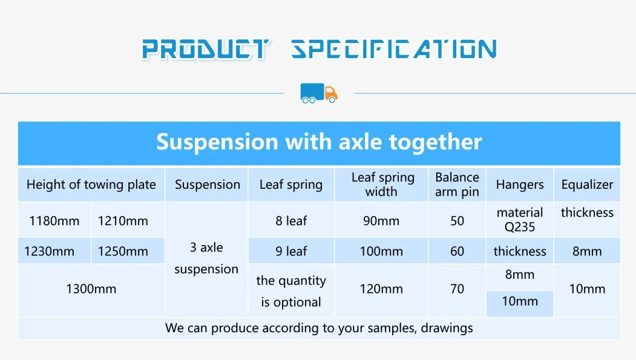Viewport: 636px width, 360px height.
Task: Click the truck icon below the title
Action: pos(319,93)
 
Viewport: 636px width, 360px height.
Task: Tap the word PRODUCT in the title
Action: pos(206,49)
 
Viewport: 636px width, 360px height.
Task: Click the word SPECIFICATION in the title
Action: pos(393,49)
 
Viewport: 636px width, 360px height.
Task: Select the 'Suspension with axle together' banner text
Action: pos(319,142)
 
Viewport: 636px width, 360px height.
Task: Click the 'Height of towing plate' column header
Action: pos(91,185)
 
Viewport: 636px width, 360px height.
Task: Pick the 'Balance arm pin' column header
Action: pos(457,185)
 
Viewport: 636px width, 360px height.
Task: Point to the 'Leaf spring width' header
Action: pos(382,185)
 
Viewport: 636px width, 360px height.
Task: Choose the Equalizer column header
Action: pos(587,185)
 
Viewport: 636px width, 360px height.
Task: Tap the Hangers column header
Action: pos(520,185)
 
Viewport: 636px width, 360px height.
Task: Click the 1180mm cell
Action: pos(54,221)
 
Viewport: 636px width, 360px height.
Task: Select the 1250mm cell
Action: pos(123,251)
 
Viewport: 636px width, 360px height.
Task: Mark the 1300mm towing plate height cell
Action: pos(91,289)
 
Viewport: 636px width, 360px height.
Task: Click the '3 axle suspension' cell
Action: pos(206,258)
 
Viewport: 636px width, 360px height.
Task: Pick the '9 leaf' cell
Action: pos(291,251)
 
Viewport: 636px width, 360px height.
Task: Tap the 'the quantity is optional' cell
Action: pos(291,291)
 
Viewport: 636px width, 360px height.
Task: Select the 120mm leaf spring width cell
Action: pos(381,289)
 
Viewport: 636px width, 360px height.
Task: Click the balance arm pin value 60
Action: pos(457,251)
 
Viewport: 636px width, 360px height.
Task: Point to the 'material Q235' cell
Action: pos(520,220)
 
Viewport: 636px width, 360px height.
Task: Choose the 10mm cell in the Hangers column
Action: pos(520,301)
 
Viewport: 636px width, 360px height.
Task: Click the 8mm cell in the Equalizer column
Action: pos(587,251)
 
